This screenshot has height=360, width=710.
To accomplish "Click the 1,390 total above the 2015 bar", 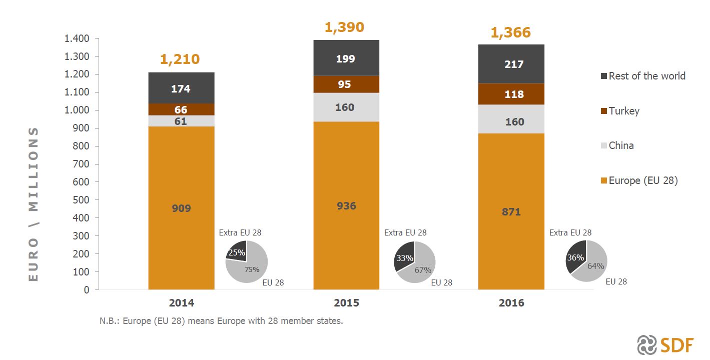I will (344, 27).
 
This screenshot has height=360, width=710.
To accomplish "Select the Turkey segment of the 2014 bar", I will (181, 109).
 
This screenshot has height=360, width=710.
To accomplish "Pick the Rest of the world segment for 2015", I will (346, 58).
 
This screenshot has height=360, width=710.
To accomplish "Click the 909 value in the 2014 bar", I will (181, 208).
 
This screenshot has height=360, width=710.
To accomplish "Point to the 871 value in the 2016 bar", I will (511, 212).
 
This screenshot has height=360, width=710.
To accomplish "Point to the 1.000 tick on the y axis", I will (77, 110).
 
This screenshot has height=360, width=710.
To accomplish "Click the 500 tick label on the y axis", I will (82, 200).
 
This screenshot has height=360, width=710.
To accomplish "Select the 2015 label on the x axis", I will (346, 303).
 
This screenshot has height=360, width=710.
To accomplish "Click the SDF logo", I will (665, 345).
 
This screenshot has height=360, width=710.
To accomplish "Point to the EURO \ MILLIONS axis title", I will (33, 204).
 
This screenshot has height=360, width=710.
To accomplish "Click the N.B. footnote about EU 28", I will (221, 321).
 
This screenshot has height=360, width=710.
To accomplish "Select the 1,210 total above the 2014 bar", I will (180, 59).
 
